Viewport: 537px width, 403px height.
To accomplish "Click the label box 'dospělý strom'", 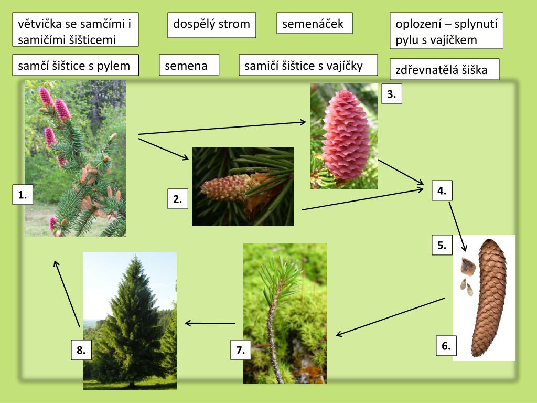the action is coord(211,25).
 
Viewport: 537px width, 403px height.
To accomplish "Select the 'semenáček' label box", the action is coord(314,24).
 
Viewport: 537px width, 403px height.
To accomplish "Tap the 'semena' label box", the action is coord(188,66).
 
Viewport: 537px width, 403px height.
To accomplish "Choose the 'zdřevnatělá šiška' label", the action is coord(444,70).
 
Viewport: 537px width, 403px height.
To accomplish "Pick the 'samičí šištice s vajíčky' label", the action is coord(307,65).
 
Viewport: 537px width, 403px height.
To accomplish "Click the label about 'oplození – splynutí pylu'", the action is coord(446,31).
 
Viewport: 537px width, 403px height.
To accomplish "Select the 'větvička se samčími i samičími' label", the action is coord(75,31).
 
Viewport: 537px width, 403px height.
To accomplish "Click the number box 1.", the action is coord(23,195).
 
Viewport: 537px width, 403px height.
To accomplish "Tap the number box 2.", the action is coord(178,199).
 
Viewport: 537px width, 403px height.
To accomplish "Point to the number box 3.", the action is coord(391,94).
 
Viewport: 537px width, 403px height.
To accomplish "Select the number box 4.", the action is coord(442,191).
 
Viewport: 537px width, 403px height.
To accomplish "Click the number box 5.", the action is coord(442,245).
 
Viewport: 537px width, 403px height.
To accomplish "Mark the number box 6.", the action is coord(446,346).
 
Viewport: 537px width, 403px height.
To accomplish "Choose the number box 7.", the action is coord(240,351).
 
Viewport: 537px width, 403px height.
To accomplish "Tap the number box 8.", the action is coord(81,351).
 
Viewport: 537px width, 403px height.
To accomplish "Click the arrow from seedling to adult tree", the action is coord(210,323).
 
